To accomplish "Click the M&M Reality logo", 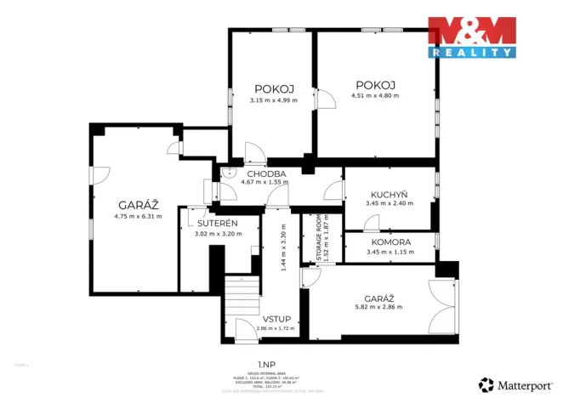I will [471, 37].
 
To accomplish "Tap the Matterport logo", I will [515, 384].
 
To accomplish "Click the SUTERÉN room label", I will [215, 224].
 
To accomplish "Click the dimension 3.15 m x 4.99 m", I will [273, 101].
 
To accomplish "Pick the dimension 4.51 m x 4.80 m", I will [375, 95].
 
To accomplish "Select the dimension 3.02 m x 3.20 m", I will [215, 233].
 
